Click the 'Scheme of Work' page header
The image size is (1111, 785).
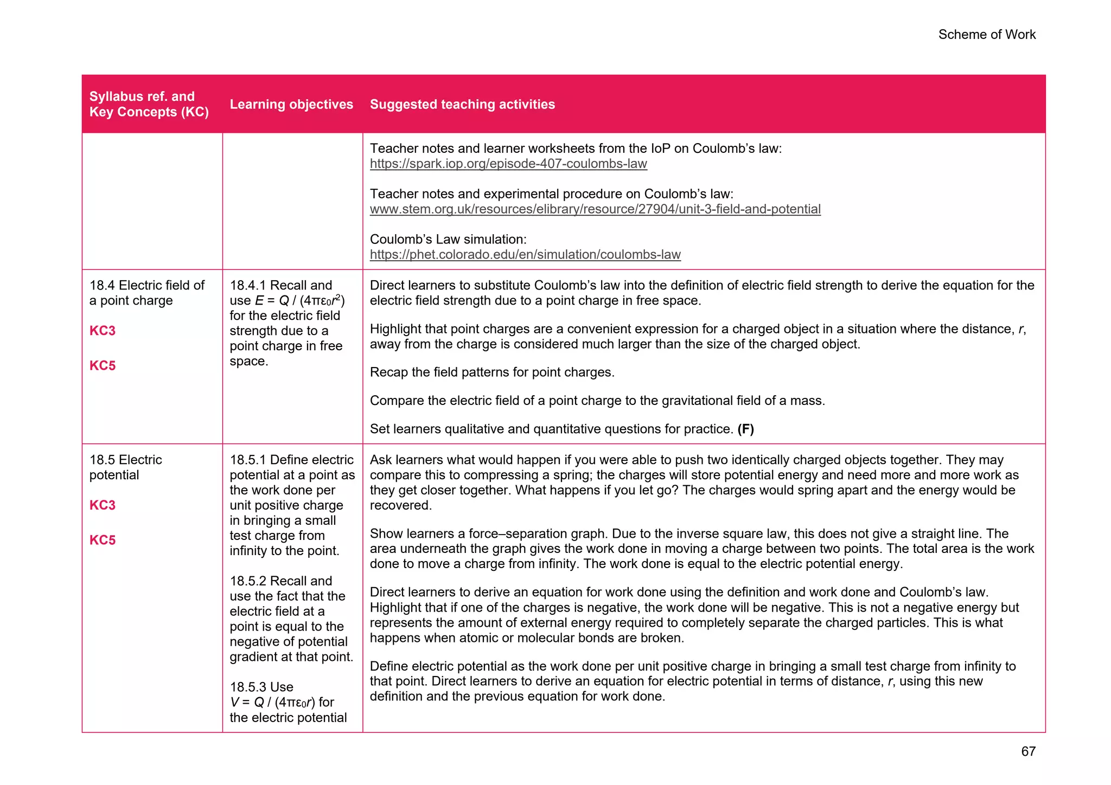[986, 35]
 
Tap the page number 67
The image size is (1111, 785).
[1028, 751]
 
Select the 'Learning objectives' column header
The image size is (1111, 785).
[291, 104]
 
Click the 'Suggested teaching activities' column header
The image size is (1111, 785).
[462, 104]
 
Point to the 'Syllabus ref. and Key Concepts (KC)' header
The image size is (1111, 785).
[149, 104]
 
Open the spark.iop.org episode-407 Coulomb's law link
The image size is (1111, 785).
[508, 164]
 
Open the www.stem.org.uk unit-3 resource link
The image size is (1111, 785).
[595, 209]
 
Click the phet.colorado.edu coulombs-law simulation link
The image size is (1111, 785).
[525, 255]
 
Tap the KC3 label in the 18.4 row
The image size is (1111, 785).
[103, 331]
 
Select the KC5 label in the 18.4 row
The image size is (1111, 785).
[103, 365]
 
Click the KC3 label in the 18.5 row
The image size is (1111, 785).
[103, 505]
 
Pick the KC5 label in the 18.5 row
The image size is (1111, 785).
[103, 540]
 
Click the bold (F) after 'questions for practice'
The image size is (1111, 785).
[745, 429]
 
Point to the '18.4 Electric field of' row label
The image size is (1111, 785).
[146, 285]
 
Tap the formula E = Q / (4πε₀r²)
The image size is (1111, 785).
[299, 301]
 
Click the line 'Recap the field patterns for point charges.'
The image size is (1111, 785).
[492, 372]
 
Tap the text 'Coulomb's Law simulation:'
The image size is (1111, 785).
[448, 240]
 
